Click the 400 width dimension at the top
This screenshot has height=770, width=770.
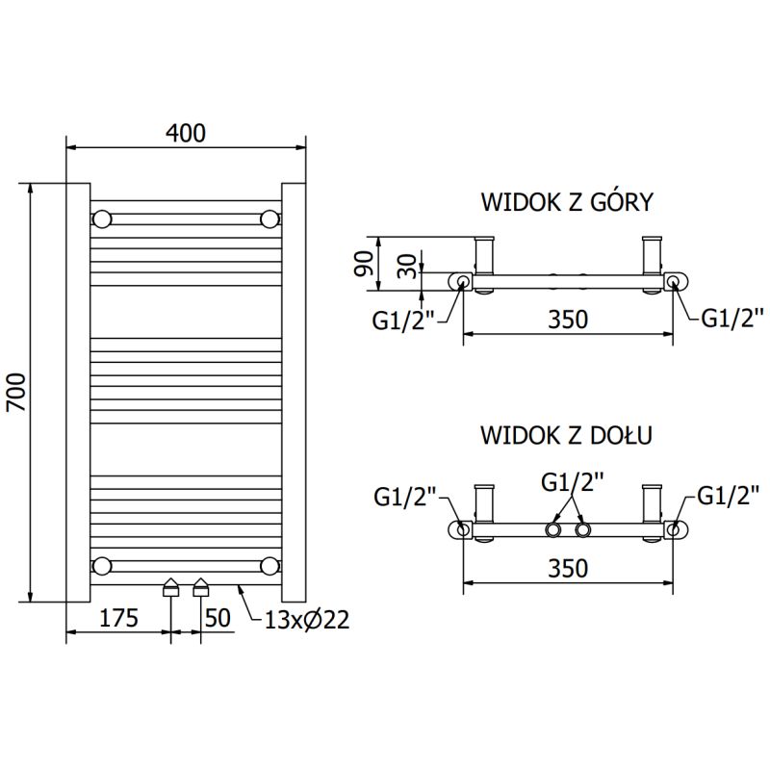tap(185, 133)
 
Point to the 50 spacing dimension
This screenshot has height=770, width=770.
tap(218, 617)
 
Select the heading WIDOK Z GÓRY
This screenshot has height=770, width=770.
tap(567, 202)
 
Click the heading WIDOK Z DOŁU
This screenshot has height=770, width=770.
tap(567, 435)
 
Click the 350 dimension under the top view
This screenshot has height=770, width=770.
tap(568, 319)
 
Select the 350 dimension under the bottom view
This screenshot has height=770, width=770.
tap(568, 568)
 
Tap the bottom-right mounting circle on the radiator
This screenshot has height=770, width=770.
tap(269, 565)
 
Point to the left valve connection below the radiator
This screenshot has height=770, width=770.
tap(171, 587)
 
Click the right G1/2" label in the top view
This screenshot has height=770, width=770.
tap(731, 316)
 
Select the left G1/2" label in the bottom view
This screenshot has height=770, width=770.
tap(405, 496)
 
